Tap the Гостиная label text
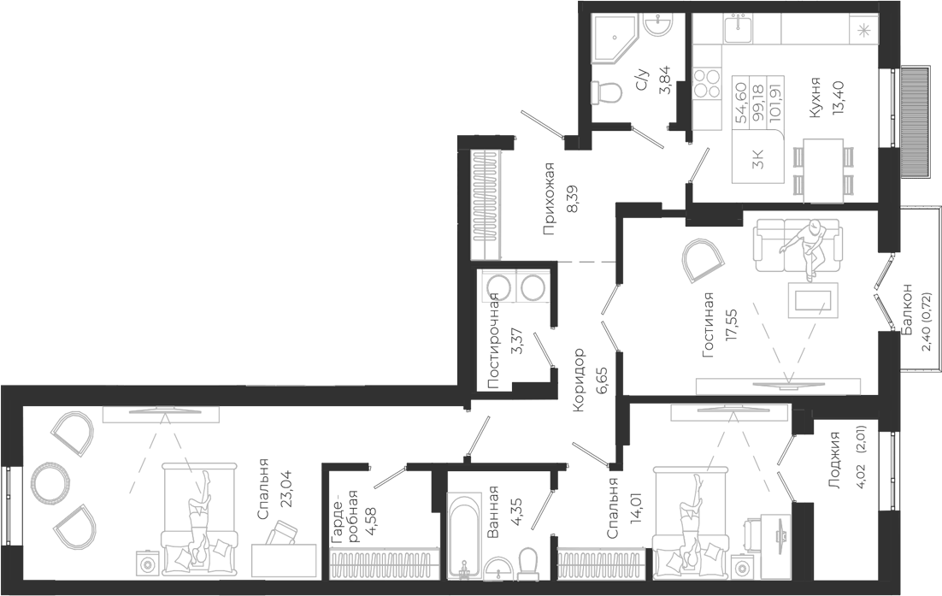click(x=709, y=325)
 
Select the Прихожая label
click(x=548, y=198)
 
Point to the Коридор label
click(x=578, y=380)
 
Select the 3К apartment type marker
click(x=758, y=161)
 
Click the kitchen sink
click(x=739, y=29)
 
